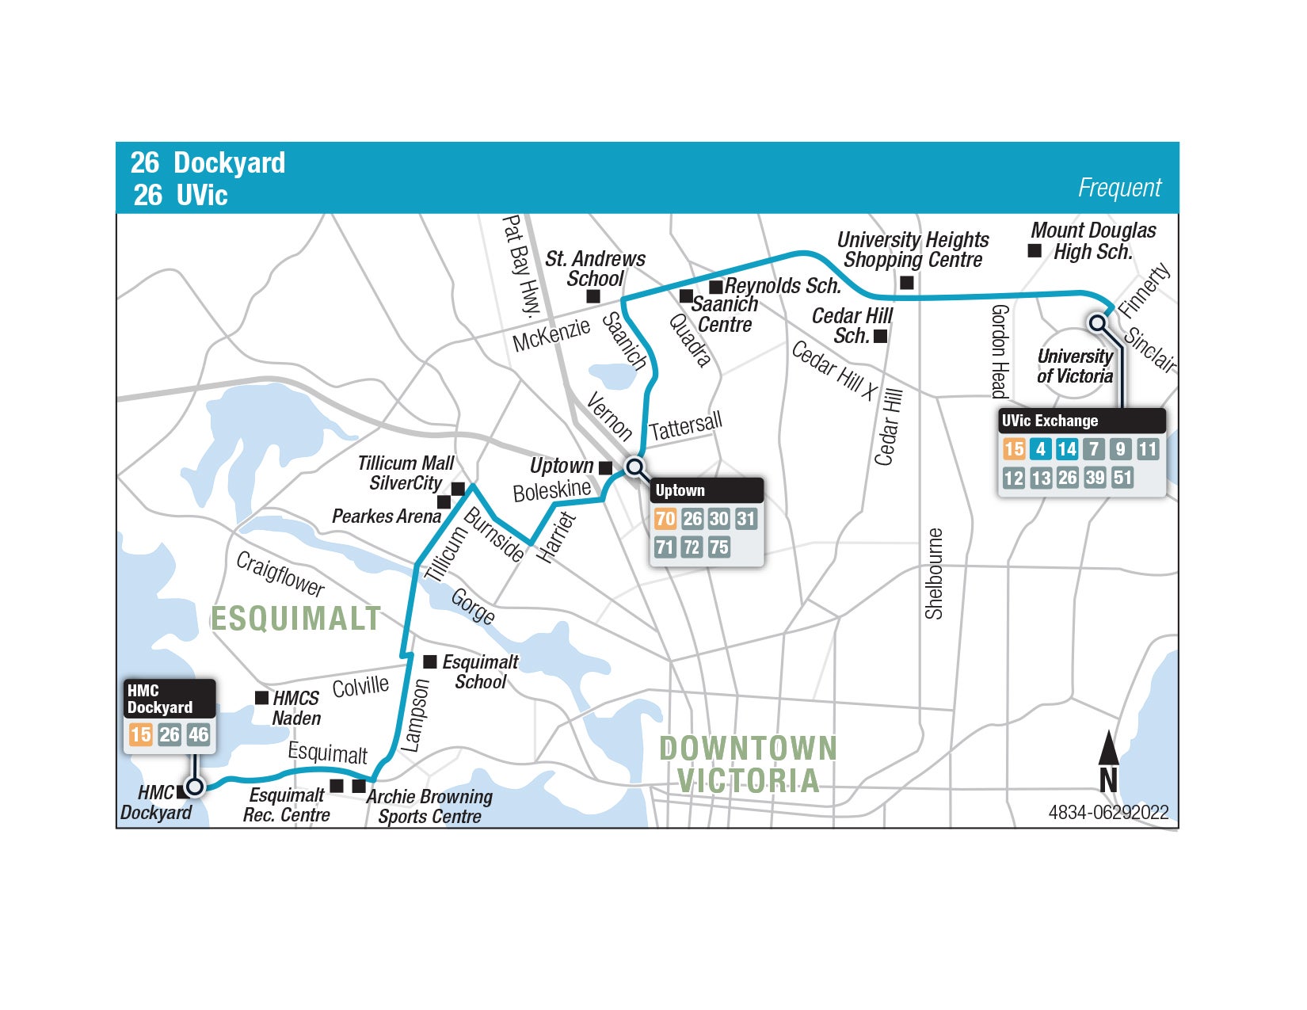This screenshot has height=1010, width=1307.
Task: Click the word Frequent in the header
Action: click(x=1118, y=188)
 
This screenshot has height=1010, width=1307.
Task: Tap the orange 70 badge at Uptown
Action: click(x=665, y=519)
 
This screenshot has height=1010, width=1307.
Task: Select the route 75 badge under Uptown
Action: click(x=718, y=547)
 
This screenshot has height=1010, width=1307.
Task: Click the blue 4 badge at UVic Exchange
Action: click(x=1040, y=449)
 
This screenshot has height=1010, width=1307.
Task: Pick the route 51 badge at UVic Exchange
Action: click(x=1122, y=478)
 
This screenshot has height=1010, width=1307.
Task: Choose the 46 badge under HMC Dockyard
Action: click(x=198, y=734)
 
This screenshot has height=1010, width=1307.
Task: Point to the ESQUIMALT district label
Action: click(x=295, y=619)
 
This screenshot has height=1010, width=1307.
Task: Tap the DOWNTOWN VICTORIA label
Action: click(x=748, y=764)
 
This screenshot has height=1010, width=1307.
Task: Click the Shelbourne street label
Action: click(x=935, y=573)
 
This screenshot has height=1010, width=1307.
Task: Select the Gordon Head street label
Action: click(x=1000, y=351)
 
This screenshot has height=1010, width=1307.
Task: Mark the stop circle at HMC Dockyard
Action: click(x=194, y=786)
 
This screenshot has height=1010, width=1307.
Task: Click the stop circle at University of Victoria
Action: click(x=1097, y=323)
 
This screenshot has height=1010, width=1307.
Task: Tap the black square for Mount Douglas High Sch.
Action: click(x=1035, y=251)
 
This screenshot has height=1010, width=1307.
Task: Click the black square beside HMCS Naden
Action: click(x=261, y=698)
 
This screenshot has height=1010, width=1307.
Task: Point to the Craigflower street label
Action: click(x=280, y=574)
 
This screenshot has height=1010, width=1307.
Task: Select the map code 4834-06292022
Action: click(x=1107, y=812)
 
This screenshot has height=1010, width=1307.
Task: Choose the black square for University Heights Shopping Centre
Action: click(x=907, y=282)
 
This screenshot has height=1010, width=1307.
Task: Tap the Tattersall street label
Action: click(x=686, y=427)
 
